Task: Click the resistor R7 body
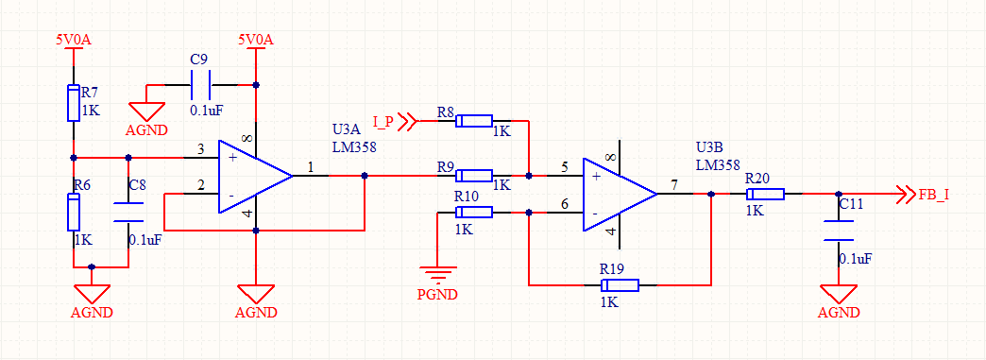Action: (x=74, y=103)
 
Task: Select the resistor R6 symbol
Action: (x=74, y=212)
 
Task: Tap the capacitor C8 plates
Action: (x=128, y=212)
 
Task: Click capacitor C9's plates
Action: (x=201, y=85)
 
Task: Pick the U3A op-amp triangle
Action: (x=255, y=177)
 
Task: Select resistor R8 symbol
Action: (x=474, y=121)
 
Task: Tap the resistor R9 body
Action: (x=474, y=176)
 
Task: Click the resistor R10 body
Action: (x=474, y=213)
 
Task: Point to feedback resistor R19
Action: (x=620, y=285)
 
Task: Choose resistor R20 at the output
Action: (x=766, y=194)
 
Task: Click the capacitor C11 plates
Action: (x=839, y=231)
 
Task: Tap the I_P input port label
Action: (x=382, y=122)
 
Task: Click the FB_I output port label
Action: (x=934, y=194)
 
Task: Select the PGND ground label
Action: (x=437, y=294)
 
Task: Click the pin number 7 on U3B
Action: (x=674, y=185)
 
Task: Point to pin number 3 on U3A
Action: (x=200, y=149)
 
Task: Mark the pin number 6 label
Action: (x=565, y=204)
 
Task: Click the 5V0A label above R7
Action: (x=74, y=40)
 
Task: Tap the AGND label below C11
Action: (x=839, y=312)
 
